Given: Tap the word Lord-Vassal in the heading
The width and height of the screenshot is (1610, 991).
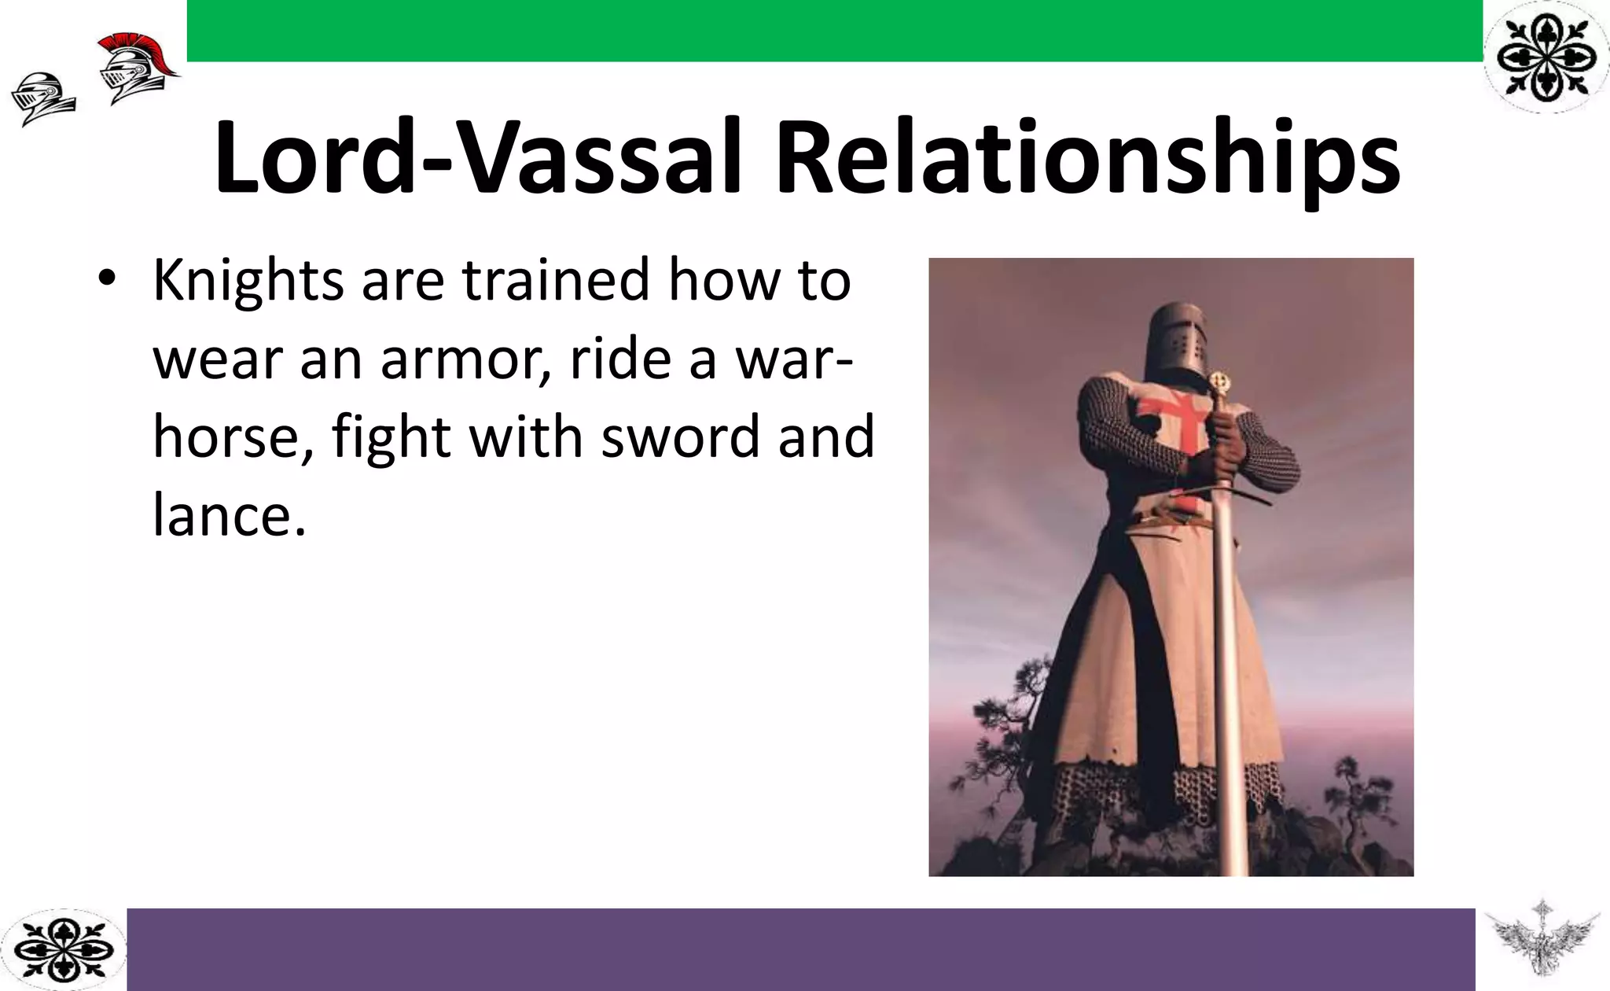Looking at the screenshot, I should point(478,157).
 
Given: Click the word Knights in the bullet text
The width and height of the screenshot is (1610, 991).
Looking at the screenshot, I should point(248,281).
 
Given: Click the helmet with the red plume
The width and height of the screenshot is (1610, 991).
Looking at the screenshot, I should point(135,67).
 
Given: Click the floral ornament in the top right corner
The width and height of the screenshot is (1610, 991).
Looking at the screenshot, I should point(1546,56).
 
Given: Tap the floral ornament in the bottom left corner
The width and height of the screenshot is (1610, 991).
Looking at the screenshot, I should point(63,949).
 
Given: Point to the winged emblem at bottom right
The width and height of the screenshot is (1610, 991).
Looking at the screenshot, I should point(1542,944).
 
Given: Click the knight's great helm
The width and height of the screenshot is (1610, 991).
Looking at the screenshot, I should point(1178,341).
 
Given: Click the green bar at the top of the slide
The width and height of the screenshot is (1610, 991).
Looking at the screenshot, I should point(833,30).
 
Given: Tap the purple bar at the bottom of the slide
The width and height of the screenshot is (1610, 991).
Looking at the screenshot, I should point(800,949).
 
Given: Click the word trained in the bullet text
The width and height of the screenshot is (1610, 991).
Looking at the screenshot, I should point(555,281).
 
